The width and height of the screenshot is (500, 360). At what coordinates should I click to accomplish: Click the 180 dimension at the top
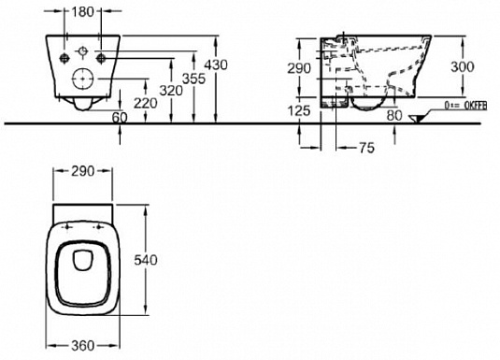coord(82,12)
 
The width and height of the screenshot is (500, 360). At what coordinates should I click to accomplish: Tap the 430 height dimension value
coord(216,65)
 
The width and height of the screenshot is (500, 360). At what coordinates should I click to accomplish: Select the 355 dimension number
coord(193,79)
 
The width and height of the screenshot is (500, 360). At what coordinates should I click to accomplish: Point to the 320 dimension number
coord(171,91)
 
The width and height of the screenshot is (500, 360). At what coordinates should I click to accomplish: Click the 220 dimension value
coord(146,103)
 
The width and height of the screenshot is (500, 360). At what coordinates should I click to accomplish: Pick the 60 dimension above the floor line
coord(120,118)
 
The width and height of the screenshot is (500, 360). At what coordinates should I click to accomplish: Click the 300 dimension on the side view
coord(463,66)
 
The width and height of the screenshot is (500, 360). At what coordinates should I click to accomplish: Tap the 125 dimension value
coord(299,110)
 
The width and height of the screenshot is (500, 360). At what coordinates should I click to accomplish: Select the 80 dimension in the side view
coord(394,116)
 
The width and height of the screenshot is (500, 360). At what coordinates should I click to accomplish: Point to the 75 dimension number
coord(367,148)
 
